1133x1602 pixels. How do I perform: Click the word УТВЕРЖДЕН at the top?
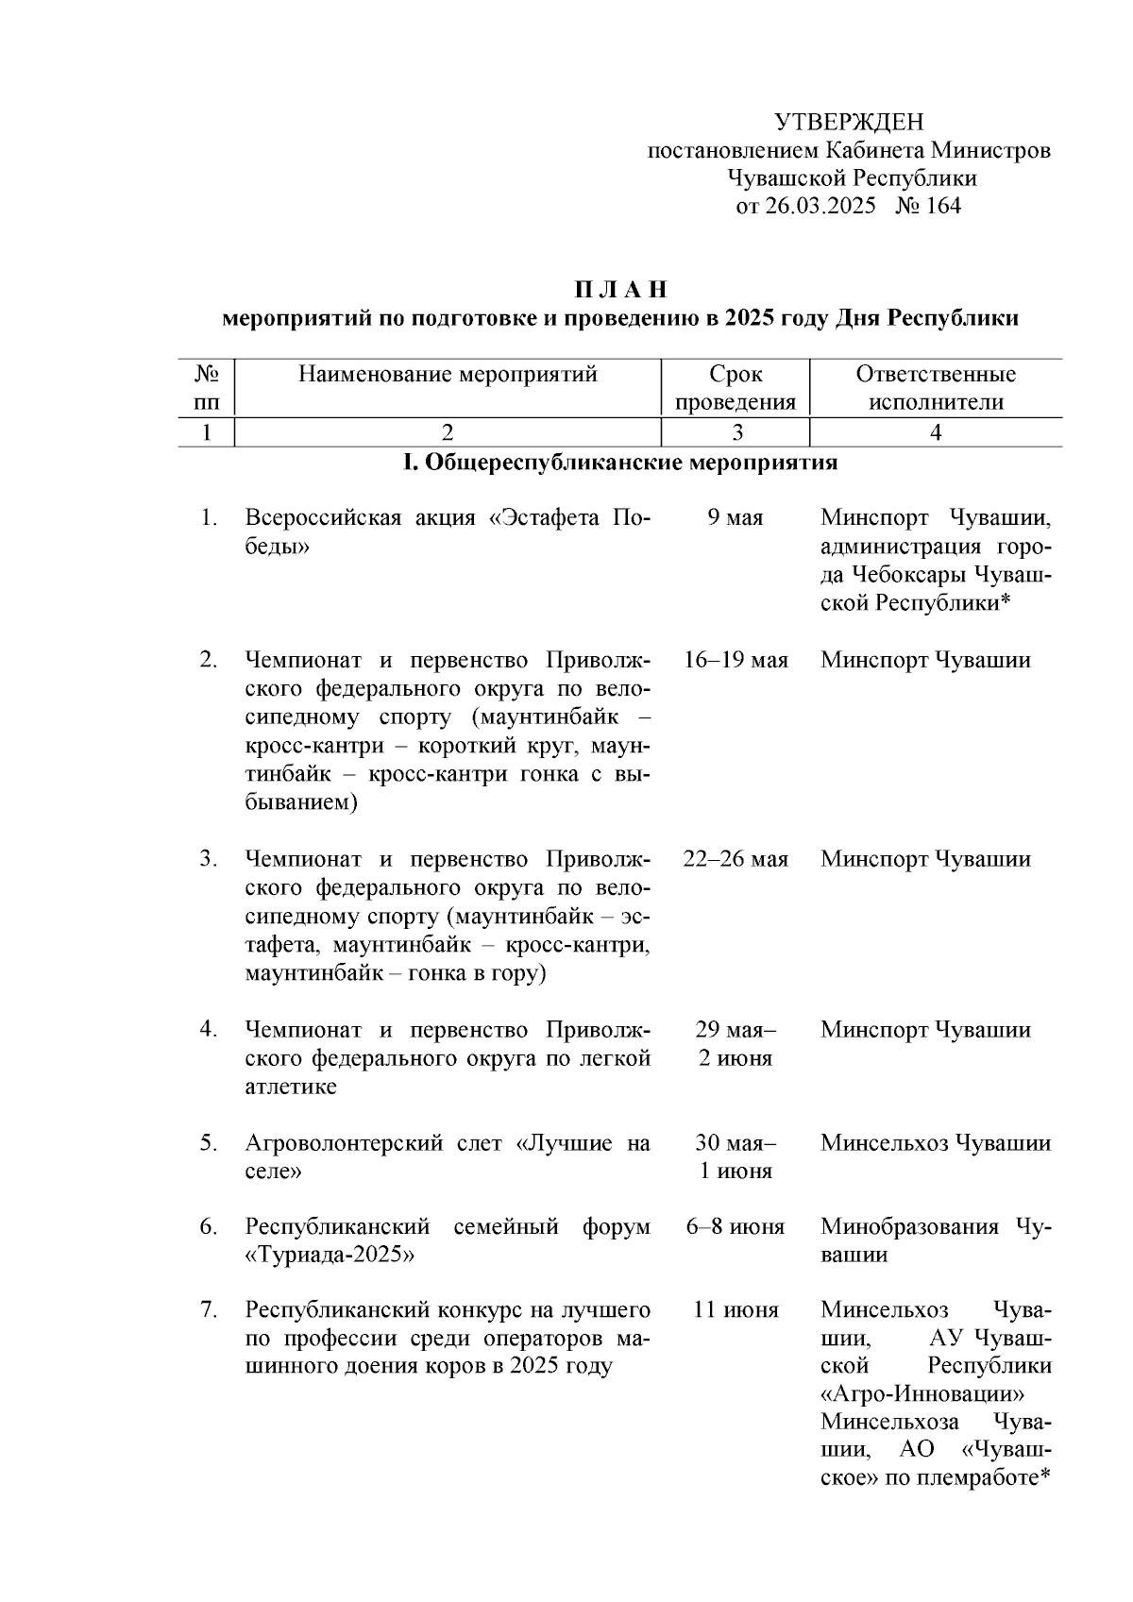pyautogui.click(x=848, y=122)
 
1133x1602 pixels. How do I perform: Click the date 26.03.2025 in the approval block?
pyautogui.click(x=820, y=207)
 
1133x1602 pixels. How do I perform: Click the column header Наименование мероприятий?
pyautogui.click(x=448, y=375)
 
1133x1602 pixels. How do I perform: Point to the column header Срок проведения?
pyautogui.click(x=736, y=388)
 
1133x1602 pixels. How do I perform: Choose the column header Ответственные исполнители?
pyautogui.click(x=935, y=388)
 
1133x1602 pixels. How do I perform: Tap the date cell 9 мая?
pyautogui.click(x=735, y=518)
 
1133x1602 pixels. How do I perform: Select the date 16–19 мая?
pyautogui.click(x=735, y=660)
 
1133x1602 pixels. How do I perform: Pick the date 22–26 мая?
pyautogui.click(x=735, y=859)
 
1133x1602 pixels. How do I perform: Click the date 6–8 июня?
pyautogui.click(x=735, y=1227)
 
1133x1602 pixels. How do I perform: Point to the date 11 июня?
pyautogui.click(x=735, y=1310)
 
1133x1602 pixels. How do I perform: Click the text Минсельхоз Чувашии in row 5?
pyautogui.click(x=935, y=1143)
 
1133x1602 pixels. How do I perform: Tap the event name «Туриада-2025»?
pyautogui.click(x=330, y=1256)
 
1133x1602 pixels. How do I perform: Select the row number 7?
pyautogui.click(x=209, y=1310)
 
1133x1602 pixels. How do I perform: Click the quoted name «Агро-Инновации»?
pyautogui.click(x=922, y=1394)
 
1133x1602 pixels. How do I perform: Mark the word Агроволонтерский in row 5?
pyautogui.click(x=330, y=1143)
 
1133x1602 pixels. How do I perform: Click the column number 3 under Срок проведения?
pyautogui.click(x=736, y=432)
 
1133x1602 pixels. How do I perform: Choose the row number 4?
pyautogui.click(x=209, y=1029)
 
